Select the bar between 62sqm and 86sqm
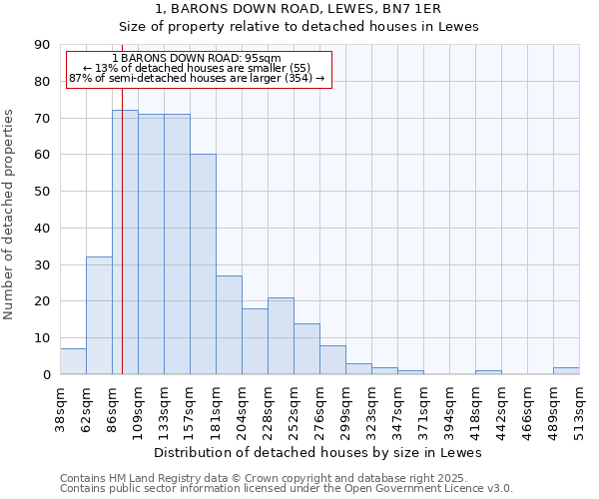click(x=99, y=315)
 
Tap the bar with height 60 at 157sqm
click(x=203, y=264)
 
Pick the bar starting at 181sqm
click(x=229, y=325)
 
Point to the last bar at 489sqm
click(x=566, y=371)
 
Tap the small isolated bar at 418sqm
click(x=488, y=372)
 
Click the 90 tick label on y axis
click(x=42, y=45)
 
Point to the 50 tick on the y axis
click(x=42, y=192)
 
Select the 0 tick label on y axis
click(x=46, y=375)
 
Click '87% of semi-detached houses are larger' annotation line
click(x=197, y=78)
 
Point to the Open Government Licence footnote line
click(x=287, y=489)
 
